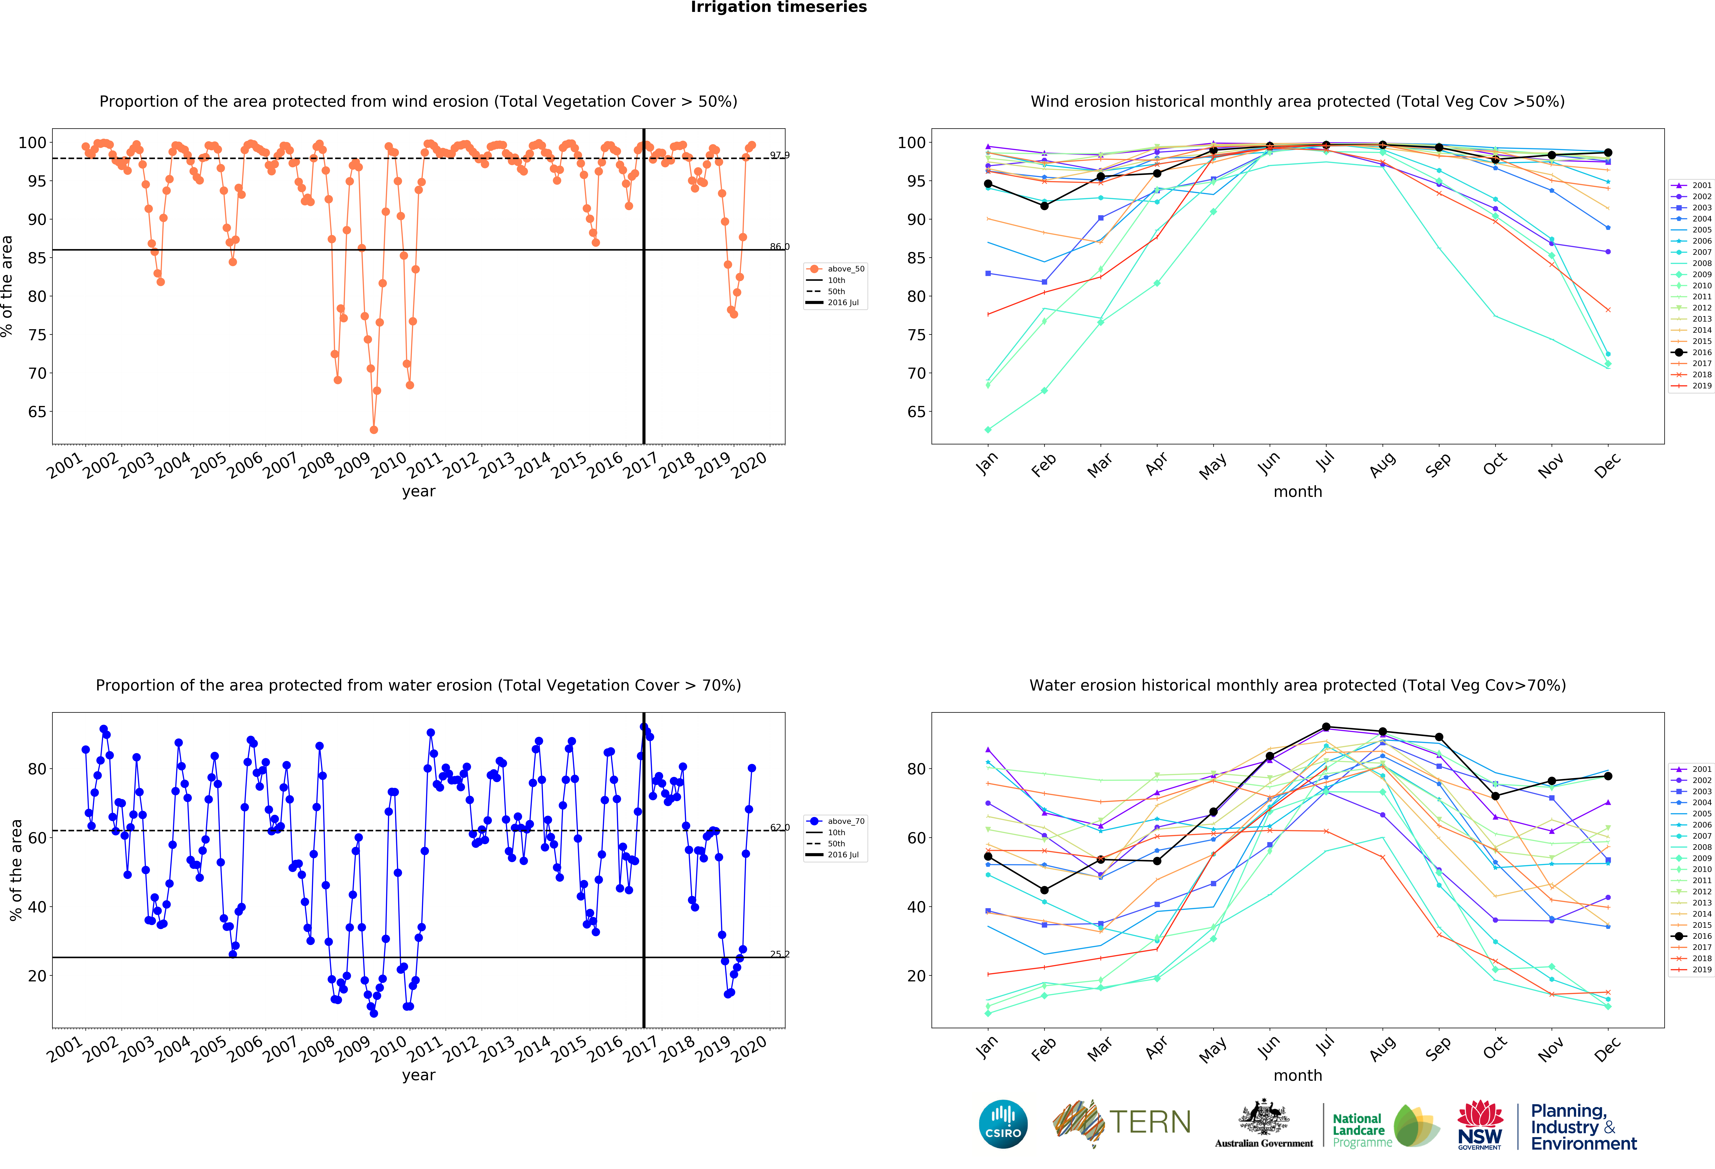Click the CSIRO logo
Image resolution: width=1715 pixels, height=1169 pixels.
(1003, 1124)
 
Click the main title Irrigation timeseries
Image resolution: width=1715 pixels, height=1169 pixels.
(779, 7)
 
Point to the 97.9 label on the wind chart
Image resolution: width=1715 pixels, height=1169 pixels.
(779, 155)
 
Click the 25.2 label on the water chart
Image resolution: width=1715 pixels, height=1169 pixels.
(779, 954)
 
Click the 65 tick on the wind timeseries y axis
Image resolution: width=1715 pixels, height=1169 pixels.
(37, 412)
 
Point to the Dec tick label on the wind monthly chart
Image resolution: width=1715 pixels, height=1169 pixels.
(1607, 465)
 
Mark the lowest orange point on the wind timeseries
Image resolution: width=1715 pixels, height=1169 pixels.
(373, 430)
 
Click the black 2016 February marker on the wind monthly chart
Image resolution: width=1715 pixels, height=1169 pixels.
(1044, 206)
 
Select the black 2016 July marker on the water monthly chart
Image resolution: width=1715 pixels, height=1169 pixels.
(1326, 727)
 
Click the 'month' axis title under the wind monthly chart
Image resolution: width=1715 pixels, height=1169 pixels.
(1297, 491)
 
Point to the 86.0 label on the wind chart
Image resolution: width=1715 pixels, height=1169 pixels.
(779, 247)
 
